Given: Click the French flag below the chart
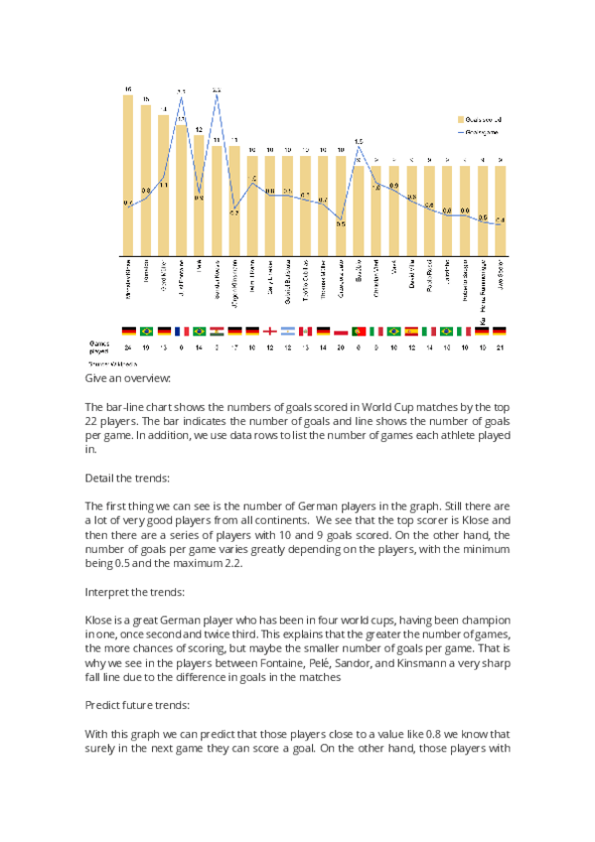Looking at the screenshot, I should (182, 331).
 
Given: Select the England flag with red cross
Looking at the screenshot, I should (269, 331).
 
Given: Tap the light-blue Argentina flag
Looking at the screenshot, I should (287, 331).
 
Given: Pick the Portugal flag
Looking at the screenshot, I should (359, 331).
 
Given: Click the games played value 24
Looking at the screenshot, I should (128, 348).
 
